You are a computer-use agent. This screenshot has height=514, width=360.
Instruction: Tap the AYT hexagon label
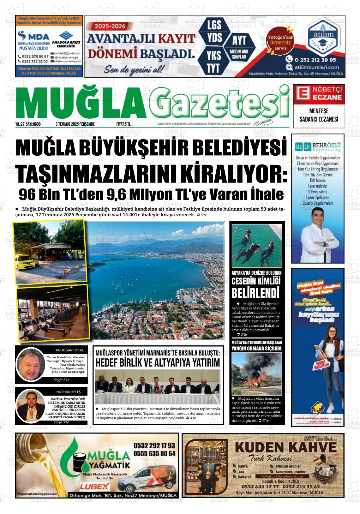coord(239,40)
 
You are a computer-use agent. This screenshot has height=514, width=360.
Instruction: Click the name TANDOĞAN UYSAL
coord(69,350)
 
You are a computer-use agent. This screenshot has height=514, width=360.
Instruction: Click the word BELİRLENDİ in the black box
coord(255,293)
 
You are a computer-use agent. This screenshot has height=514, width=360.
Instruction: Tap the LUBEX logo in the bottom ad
coord(95,486)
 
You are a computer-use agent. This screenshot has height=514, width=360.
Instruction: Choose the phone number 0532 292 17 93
coord(154,445)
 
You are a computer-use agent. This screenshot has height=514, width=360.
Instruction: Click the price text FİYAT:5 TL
coord(123,124)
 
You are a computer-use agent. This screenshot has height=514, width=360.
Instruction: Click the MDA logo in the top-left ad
coord(33,35)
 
